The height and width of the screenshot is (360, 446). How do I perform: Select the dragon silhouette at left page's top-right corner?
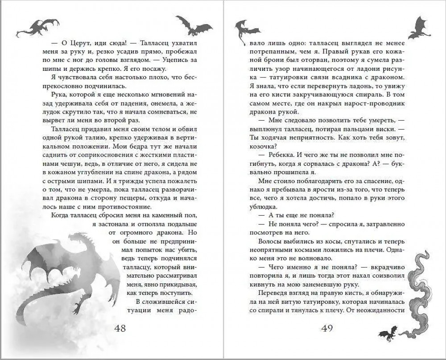click(x=193, y=25)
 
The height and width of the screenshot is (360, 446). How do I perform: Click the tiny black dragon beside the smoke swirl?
click(x=386, y=331)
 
